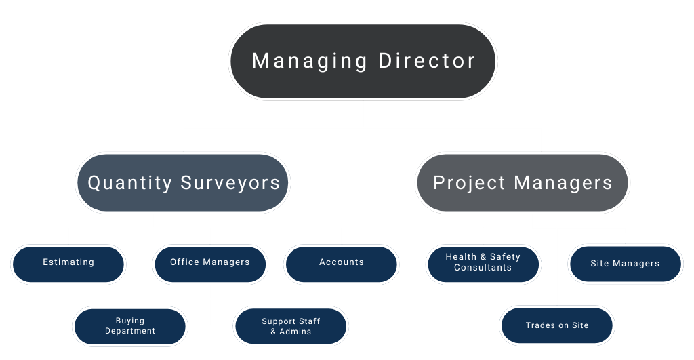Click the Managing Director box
[363, 61]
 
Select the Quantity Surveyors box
[183, 182]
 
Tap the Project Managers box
[522, 182]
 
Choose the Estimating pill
[68, 263]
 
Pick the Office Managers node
[210, 263]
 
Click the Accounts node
[342, 263]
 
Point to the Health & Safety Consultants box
[483, 263]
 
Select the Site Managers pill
[625, 263]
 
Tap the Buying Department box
[130, 326]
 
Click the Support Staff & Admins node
[291, 326]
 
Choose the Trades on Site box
[557, 326]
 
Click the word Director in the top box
[427, 61]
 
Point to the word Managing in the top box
[310, 61]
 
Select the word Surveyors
[230, 183]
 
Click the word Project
[469, 183]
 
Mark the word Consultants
[483, 268]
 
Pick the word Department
[130, 332]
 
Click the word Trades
[539, 326]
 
